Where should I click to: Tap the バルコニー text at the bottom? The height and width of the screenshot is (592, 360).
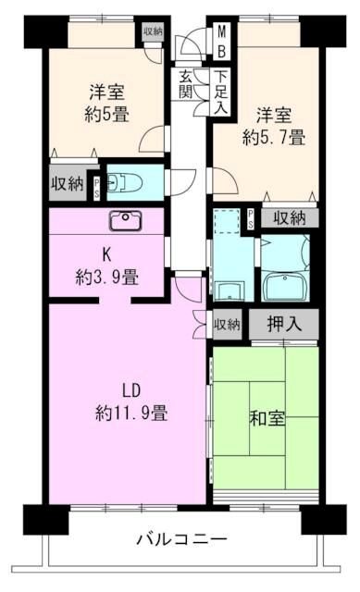click(x=181, y=538)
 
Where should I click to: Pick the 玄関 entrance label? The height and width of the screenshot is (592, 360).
click(x=187, y=84)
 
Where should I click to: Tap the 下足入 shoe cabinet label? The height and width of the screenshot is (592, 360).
click(x=220, y=92)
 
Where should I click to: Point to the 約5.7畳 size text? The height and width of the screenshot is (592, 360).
click(x=274, y=138)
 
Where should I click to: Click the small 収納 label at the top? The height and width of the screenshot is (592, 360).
click(x=152, y=31)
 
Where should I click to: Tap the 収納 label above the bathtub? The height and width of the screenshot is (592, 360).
click(x=289, y=217)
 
